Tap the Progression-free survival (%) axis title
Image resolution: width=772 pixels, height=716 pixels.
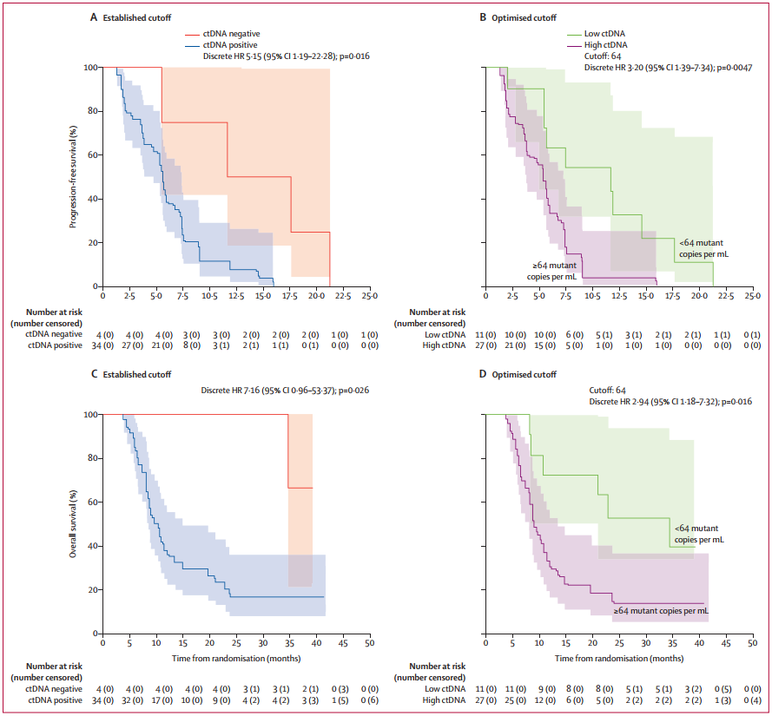pos(76,177)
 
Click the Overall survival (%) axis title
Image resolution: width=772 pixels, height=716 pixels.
pos(76,524)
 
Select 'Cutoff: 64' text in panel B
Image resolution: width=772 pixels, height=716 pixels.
pos(603,55)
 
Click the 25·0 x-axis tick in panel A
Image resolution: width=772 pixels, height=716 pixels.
pos(369,297)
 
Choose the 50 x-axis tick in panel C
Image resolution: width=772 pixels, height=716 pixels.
pos(369,644)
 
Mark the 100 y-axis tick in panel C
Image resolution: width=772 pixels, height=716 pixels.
pos(89,415)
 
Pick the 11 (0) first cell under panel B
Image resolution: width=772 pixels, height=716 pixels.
pos(502,334)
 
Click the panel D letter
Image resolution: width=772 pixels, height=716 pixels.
pos(483,374)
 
